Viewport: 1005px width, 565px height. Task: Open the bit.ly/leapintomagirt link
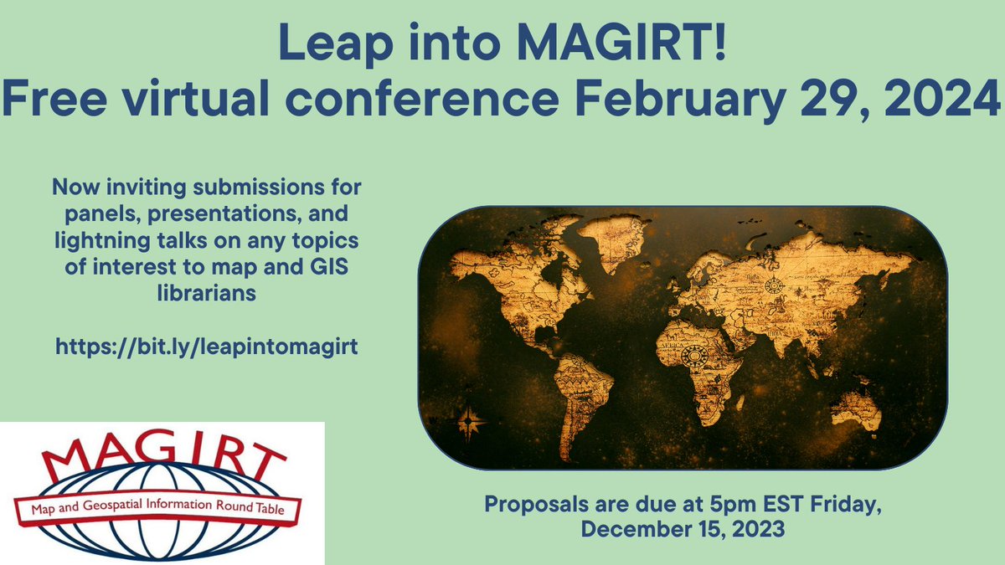(207, 347)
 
